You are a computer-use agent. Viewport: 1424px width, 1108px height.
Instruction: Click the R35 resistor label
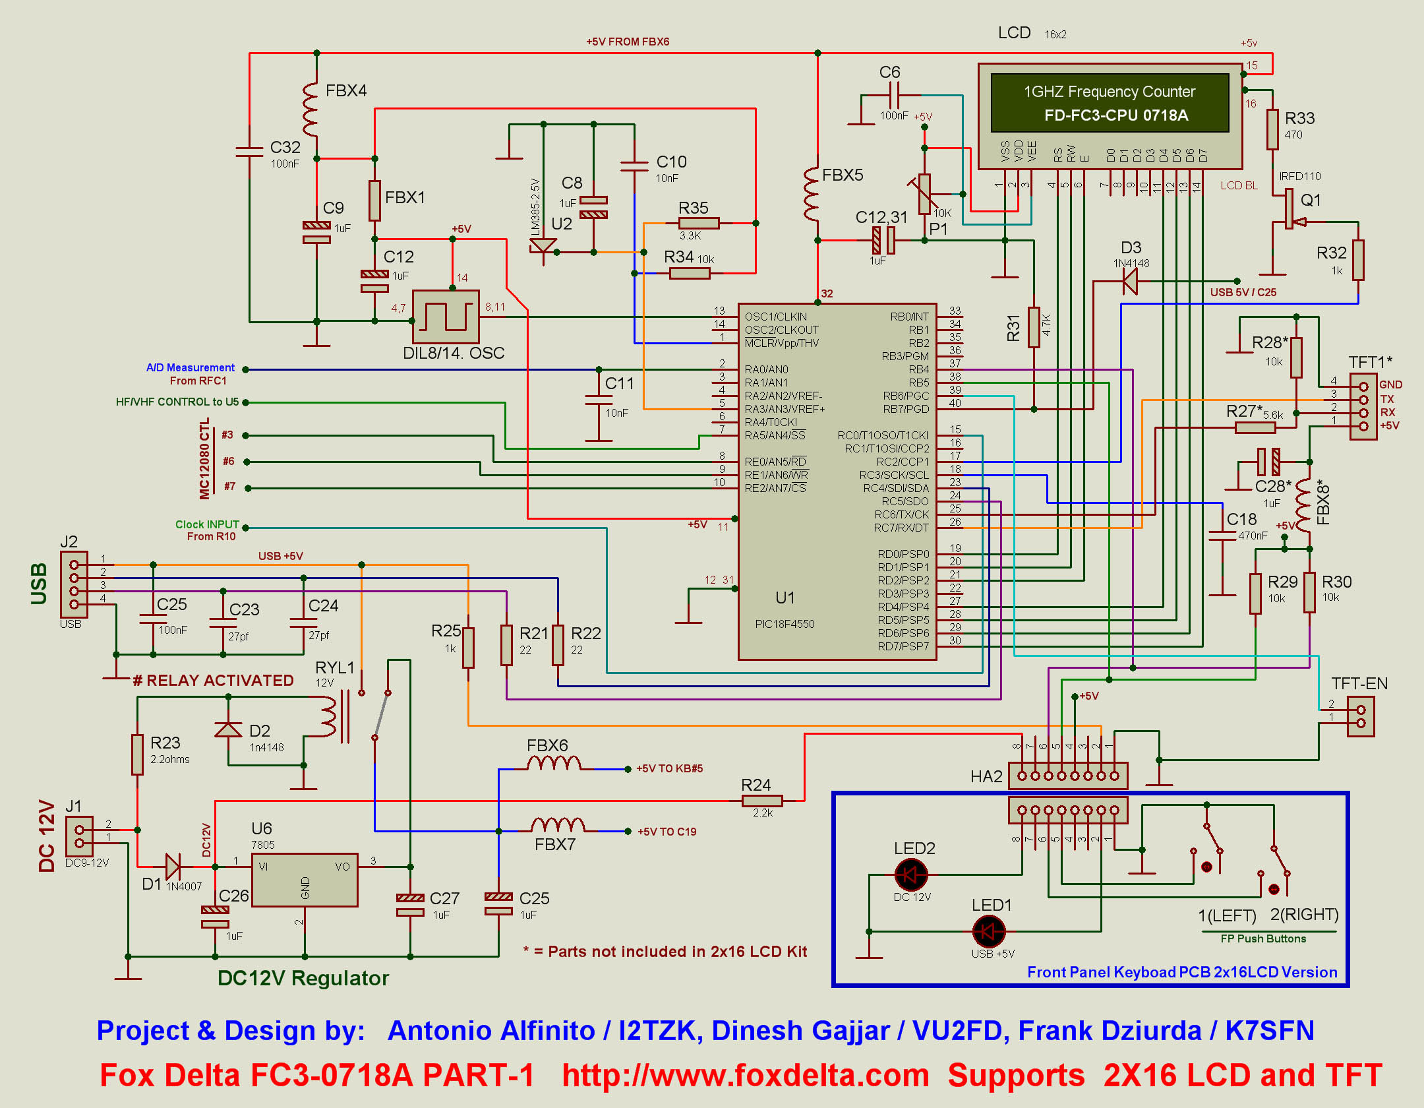[693, 208]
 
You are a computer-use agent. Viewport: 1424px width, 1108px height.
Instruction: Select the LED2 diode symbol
[911, 875]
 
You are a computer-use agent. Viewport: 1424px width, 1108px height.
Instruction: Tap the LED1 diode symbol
[988, 931]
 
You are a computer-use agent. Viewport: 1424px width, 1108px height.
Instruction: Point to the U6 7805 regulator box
[305, 880]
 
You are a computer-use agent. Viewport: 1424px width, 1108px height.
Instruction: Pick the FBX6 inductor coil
[554, 764]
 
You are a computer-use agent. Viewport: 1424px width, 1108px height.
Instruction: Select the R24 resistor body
[762, 801]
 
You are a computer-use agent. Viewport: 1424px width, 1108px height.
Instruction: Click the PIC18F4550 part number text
[785, 624]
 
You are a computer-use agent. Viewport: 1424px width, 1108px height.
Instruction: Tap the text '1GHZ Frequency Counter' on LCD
[1109, 92]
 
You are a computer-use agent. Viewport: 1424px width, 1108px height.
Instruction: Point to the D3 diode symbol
[1130, 282]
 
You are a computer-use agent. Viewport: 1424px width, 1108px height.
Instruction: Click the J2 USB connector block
[74, 584]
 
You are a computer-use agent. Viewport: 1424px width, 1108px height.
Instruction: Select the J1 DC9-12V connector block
[80, 836]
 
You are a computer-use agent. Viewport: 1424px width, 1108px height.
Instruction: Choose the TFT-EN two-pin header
[1361, 716]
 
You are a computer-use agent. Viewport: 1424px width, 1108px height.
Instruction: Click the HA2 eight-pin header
[1068, 776]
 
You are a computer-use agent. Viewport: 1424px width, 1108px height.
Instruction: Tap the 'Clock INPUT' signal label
[207, 524]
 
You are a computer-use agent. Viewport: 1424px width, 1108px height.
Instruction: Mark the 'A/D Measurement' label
[190, 367]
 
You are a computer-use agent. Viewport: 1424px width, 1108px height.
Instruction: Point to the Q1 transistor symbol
[1291, 210]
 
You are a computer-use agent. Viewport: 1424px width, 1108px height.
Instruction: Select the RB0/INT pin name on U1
[909, 317]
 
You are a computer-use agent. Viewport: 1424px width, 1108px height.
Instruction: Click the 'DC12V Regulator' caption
[303, 977]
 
